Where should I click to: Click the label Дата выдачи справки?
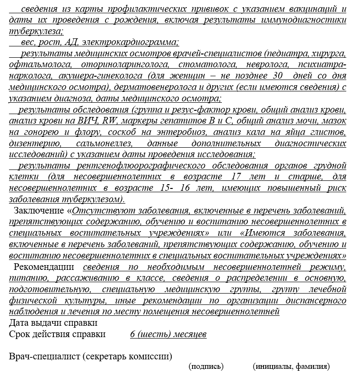click(53, 323)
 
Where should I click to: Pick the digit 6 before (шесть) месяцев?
click(133, 334)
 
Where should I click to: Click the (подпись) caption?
click(206, 366)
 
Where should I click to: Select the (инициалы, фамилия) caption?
click(291, 366)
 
